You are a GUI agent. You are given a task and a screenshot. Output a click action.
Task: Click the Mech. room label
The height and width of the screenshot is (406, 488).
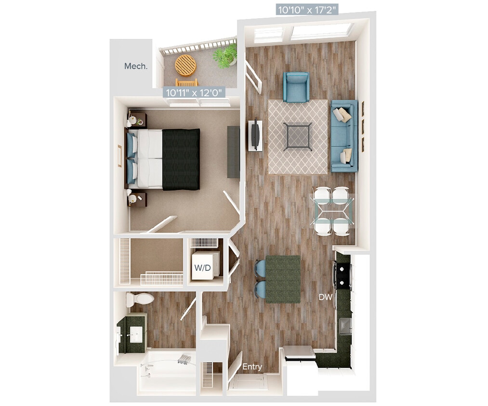pyautogui.click(x=135, y=66)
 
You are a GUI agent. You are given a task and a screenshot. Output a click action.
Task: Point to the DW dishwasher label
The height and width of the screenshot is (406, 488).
pyautogui.click(x=325, y=298)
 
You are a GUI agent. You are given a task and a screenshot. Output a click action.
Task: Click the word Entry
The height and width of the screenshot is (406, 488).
pyautogui.click(x=252, y=367)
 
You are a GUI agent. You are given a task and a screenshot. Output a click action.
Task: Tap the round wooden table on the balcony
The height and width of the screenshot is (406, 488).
pyautogui.click(x=185, y=65)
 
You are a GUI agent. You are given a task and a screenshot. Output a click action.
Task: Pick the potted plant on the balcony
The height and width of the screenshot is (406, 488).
pyautogui.click(x=225, y=55)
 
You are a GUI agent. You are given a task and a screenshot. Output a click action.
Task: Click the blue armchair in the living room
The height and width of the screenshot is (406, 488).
pyautogui.click(x=296, y=87)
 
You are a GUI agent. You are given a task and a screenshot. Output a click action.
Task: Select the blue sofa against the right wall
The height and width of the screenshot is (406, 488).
pyautogui.click(x=344, y=136)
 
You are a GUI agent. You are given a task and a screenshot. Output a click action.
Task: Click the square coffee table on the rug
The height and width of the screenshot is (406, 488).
pyautogui.click(x=297, y=137)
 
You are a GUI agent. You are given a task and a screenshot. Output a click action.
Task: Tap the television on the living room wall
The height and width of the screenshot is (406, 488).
pyautogui.click(x=255, y=135)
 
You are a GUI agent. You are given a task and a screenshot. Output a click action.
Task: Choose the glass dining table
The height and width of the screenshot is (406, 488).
pyautogui.click(x=333, y=211)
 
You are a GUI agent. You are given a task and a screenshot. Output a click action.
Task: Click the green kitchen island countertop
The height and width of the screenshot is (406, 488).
pyautogui.click(x=283, y=279)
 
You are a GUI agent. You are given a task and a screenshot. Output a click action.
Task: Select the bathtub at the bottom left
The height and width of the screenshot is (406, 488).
pyautogui.click(x=166, y=371)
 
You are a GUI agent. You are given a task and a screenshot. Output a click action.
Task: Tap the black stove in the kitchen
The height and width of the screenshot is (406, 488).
pyautogui.click(x=343, y=274)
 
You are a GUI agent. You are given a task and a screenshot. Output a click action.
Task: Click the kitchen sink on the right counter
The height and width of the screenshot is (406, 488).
pyautogui.click(x=345, y=326)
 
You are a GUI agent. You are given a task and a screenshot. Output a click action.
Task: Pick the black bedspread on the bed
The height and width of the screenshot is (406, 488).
pyautogui.click(x=181, y=159)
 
